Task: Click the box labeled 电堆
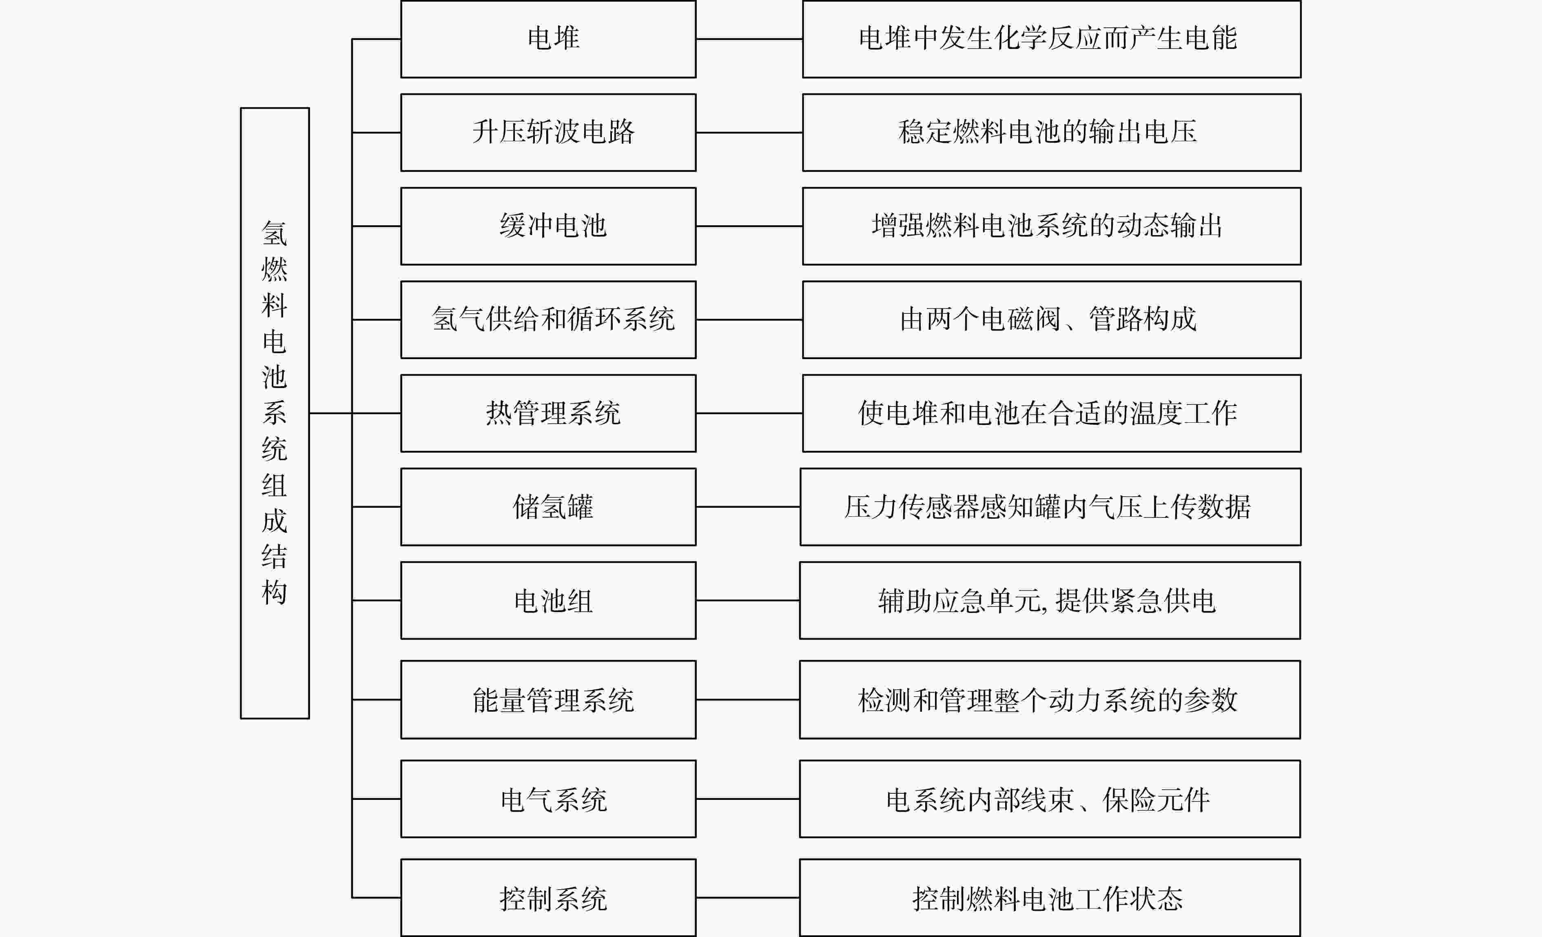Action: (x=548, y=39)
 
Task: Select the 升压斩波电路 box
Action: (x=548, y=132)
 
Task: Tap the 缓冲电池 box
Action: (x=548, y=226)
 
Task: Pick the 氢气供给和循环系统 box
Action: (x=548, y=319)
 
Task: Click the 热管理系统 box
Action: (x=548, y=413)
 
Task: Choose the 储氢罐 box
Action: (x=548, y=506)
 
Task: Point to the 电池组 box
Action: (x=548, y=600)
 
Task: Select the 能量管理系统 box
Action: (x=548, y=699)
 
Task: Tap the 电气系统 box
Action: (x=548, y=799)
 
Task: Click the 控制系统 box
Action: (x=548, y=897)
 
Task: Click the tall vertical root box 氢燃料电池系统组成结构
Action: (x=275, y=413)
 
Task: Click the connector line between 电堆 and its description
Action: (x=749, y=39)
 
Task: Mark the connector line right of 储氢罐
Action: (x=748, y=506)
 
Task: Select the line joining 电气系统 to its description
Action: (x=748, y=799)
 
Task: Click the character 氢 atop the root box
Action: (x=274, y=233)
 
